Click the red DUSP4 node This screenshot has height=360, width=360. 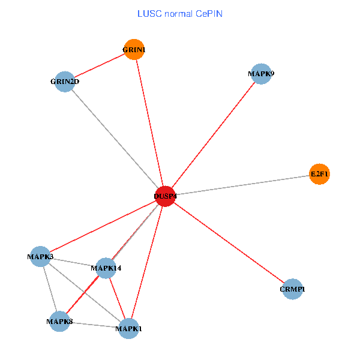click(x=165, y=196)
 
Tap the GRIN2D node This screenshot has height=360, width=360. click(x=65, y=82)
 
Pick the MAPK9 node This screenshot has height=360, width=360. click(x=261, y=74)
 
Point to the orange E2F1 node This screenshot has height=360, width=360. click(x=319, y=175)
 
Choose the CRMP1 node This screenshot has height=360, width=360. click(x=292, y=289)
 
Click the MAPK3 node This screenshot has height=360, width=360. click(x=40, y=257)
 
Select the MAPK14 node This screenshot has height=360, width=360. click(x=106, y=268)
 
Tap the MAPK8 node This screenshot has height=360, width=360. click(x=59, y=322)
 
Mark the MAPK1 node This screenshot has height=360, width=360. click(x=129, y=328)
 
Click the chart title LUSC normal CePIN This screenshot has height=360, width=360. click(x=180, y=13)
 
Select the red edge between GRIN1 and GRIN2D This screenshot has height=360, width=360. click(x=100, y=65)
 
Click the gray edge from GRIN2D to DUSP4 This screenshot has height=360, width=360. click(x=115, y=139)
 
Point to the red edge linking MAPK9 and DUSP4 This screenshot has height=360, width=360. click(x=213, y=135)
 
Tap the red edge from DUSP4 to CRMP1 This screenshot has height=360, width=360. click(x=229, y=242)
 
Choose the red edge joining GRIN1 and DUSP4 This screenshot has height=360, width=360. click(x=149, y=123)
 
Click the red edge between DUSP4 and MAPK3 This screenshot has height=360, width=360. click(x=103, y=226)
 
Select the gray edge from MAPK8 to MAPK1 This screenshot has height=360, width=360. click(x=94, y=325)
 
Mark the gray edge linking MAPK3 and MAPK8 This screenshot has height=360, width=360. click(x=50, y=289)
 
